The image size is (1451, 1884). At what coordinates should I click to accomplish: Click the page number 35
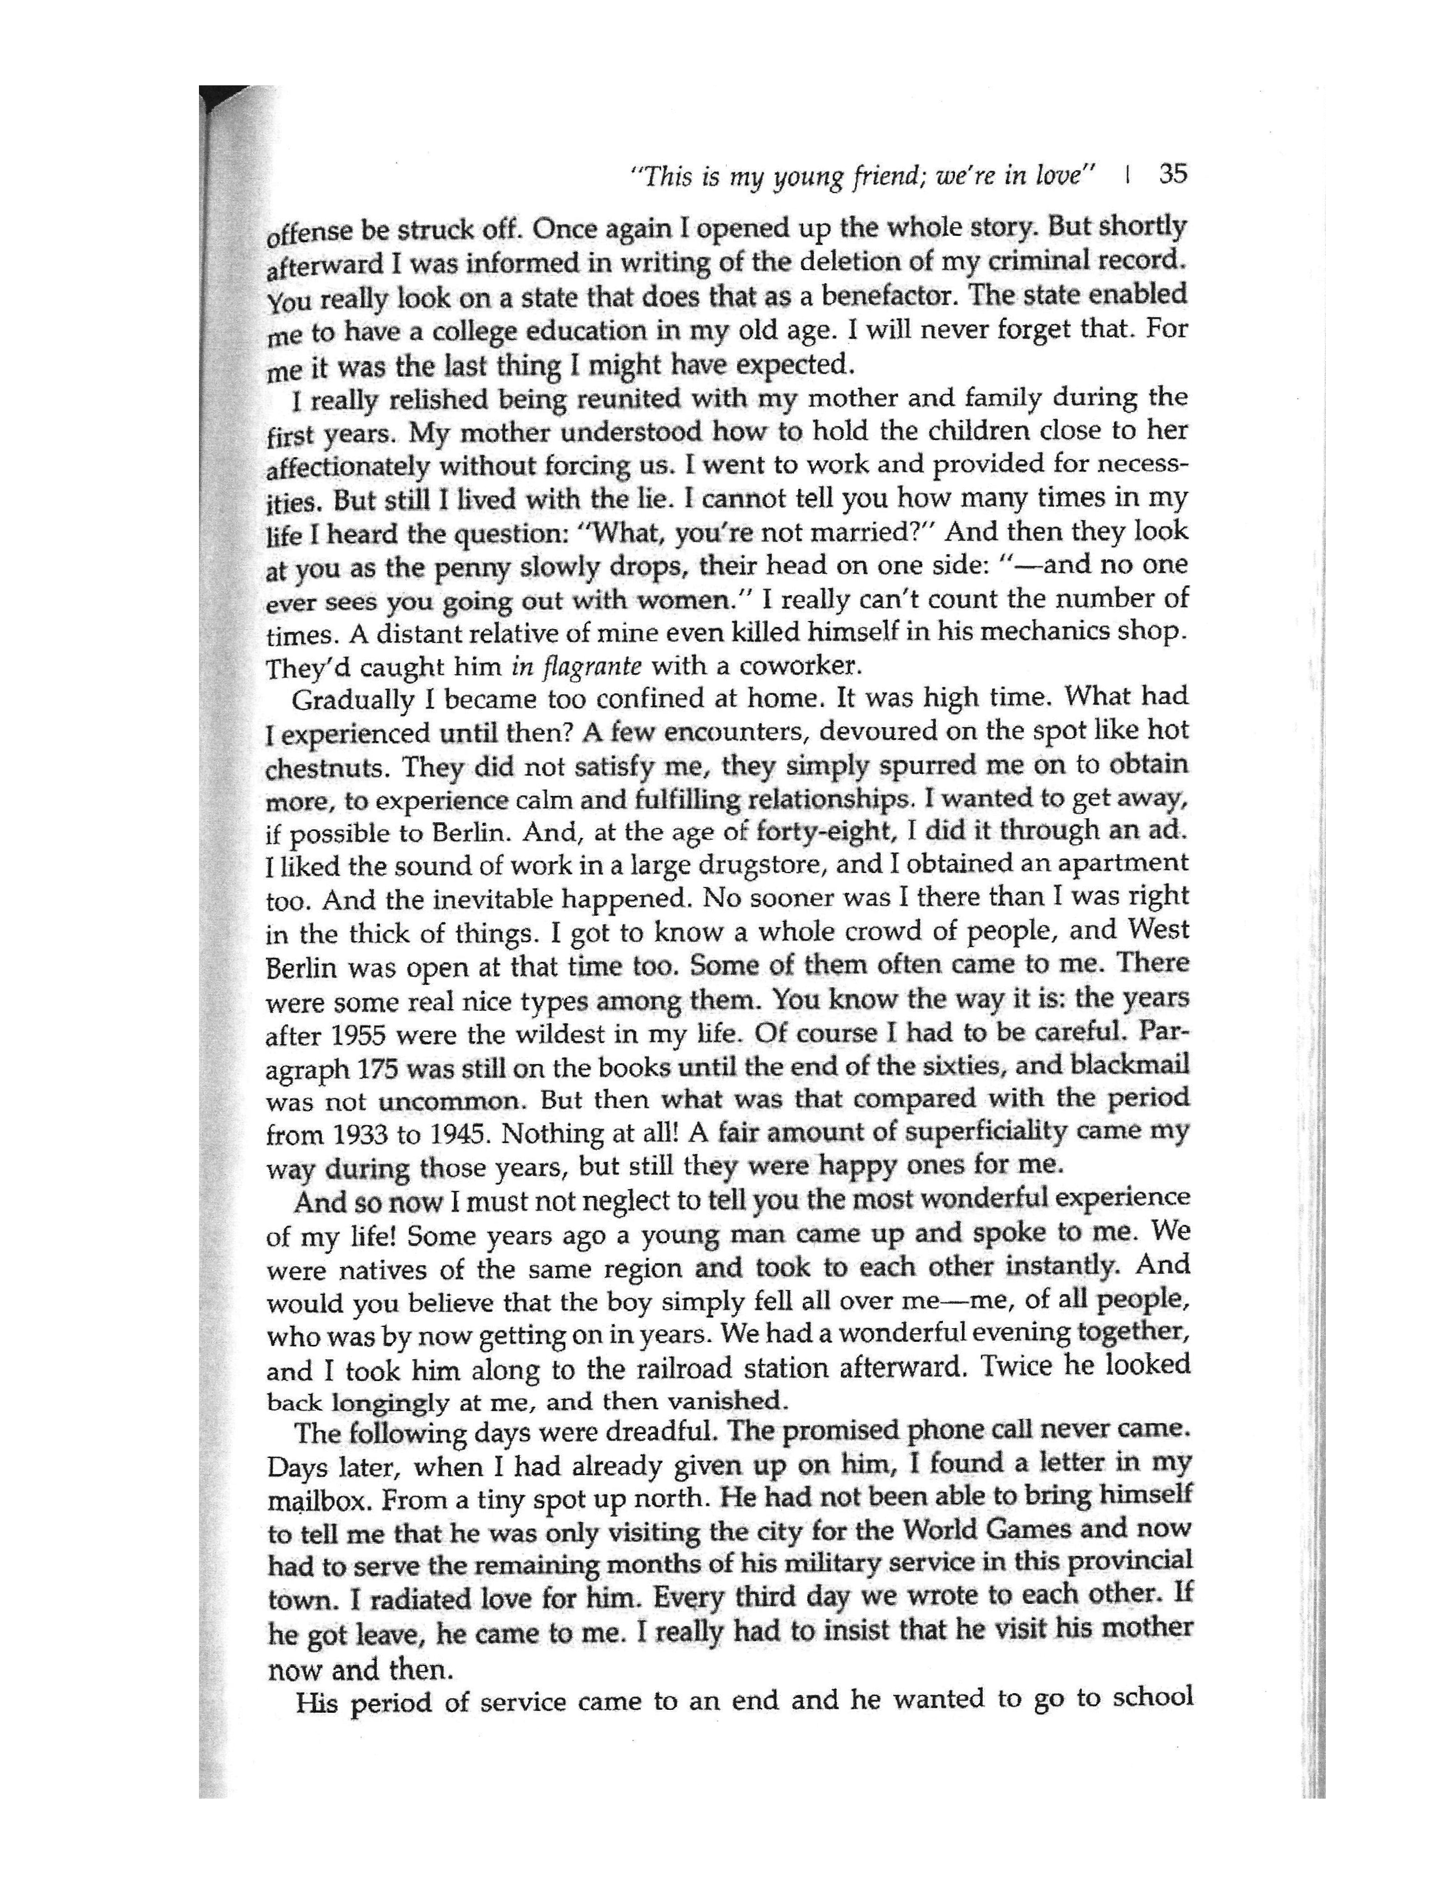click(x=1173, y=174)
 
